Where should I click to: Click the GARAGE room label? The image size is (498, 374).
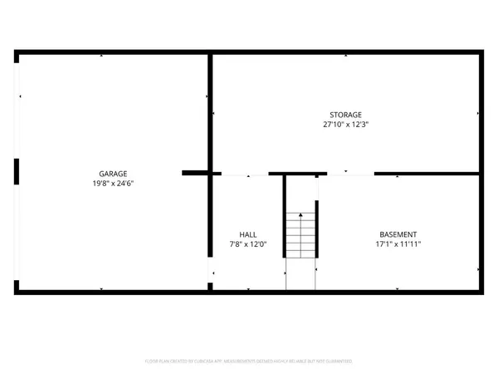coord(115,174)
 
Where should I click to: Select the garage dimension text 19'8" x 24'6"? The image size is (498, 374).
coord(115,183)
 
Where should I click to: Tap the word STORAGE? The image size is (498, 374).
coord(345,115)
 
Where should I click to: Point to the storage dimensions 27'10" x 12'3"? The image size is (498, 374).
coord(345,125)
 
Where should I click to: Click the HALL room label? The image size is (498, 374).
coord(248,234)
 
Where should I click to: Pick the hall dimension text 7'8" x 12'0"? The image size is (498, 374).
coord(248,244)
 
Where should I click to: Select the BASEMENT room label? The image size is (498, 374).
coord(398,234)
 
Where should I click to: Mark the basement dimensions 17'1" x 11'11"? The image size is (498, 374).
coord(398,244)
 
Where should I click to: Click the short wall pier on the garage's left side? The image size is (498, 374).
coord(17,170)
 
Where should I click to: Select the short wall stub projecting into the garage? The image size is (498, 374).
coord(195,173)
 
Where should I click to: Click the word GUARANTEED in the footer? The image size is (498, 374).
coord(339,362)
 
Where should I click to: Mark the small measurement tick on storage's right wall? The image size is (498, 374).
coord(478,114)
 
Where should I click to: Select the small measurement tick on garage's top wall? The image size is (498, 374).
coord(101,57)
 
